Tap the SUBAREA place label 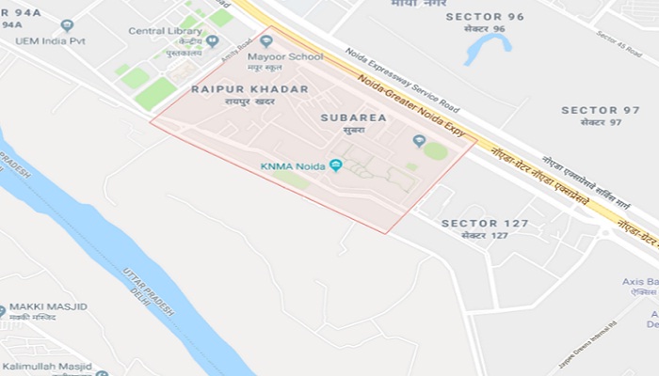(x=353, y=118)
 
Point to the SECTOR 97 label (x=601, y=110)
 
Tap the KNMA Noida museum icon (x=336, y=166)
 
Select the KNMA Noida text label (x=292, y=166)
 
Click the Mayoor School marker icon (x=266, y=41)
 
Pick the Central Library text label (x=165, y=31)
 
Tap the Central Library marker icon (x=212, y=41)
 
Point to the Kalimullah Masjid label (x=47, y=366)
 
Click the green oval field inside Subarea (x=436, y=150)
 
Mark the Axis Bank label (x=640, y=280)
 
